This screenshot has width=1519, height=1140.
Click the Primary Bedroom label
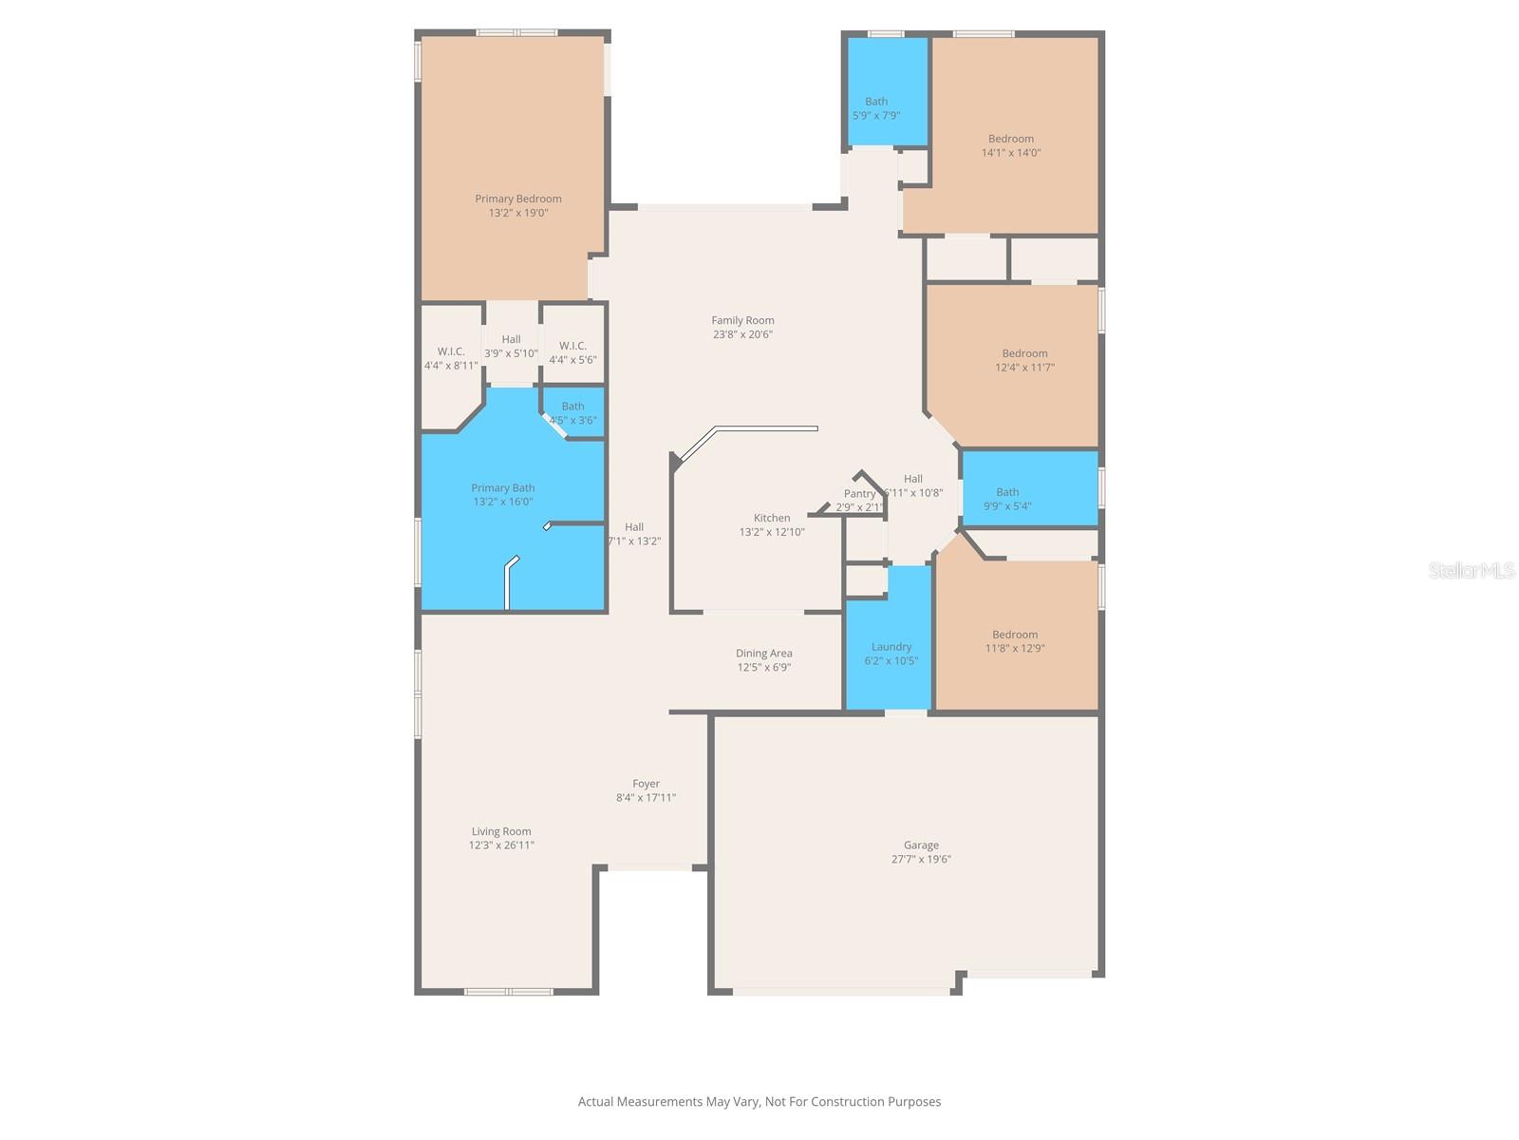[517, 199]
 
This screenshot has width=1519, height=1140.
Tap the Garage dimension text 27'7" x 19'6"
[920, 859]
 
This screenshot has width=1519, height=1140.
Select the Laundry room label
[891, 647]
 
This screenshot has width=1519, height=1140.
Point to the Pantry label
[859, 494]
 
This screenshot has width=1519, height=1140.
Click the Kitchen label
[771, 518]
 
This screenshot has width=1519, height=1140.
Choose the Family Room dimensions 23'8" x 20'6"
[742, 334]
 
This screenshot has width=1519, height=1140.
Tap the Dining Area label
[763, 654]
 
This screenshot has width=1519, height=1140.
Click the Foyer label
[646, 784]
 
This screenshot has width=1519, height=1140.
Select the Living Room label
[501, 831]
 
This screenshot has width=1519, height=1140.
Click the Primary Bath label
[502, 488]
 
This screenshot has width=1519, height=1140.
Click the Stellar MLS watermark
[1471, 570]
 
